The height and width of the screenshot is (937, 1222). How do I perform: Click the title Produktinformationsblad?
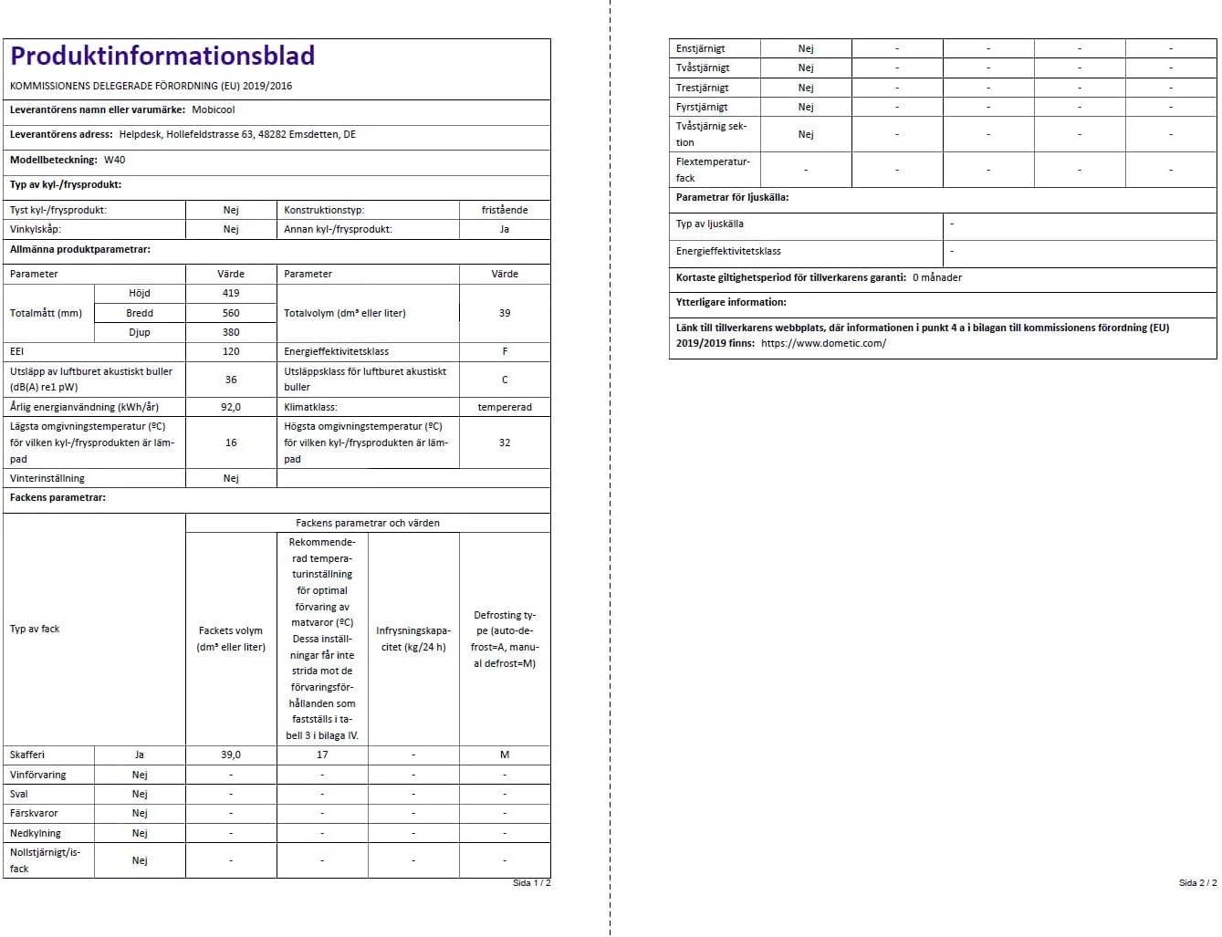[x=162, y=57]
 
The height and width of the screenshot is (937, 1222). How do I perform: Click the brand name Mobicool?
[x=213, y=109]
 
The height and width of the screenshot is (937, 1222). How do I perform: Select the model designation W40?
[x=114, y=160]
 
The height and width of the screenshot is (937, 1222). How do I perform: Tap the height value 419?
[x=231, y=293]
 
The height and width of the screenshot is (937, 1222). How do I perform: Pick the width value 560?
[x=231, y=313]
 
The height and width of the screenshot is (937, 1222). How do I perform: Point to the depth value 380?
[x=231, y=332]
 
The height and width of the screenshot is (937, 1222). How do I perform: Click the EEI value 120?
[x=231, y=351]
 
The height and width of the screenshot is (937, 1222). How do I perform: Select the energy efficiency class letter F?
[x=505, y=351]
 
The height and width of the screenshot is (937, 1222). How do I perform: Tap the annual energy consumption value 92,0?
[x=231, y=407]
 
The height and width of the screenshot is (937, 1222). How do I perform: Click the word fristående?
[x=505, y=210]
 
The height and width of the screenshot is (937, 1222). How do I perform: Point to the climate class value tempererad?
[x=505, y=407]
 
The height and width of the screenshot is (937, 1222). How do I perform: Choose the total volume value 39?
[x=505, y=313]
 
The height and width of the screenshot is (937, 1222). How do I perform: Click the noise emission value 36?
[x=231, y=380]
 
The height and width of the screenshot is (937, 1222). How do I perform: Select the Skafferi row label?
[x=27, y=755]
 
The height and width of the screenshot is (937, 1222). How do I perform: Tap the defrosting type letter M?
[x=505, y=755]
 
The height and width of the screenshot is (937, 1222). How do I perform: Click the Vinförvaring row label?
[x=38, y=775]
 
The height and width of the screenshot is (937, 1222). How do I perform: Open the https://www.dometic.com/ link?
[x=823, y=343]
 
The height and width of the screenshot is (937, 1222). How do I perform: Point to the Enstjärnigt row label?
[x=700, y=48]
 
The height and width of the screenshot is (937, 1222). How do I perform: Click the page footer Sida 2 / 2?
[x=1197, y=882]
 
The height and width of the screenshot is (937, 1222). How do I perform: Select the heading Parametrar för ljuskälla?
[x=732, y=197]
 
